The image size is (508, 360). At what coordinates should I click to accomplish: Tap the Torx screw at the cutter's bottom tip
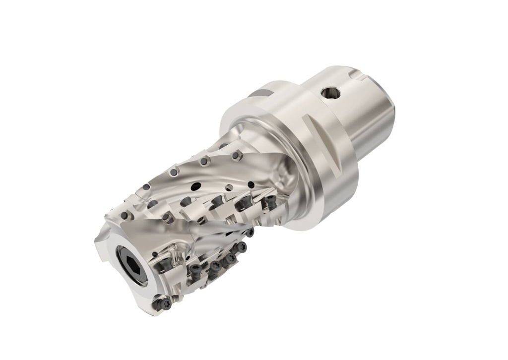[162, 302]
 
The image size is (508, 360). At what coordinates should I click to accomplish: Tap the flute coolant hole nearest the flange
[251, 185]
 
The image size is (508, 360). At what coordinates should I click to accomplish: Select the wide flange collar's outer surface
[317, 164]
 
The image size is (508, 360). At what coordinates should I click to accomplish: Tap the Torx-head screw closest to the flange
[270, 200]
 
